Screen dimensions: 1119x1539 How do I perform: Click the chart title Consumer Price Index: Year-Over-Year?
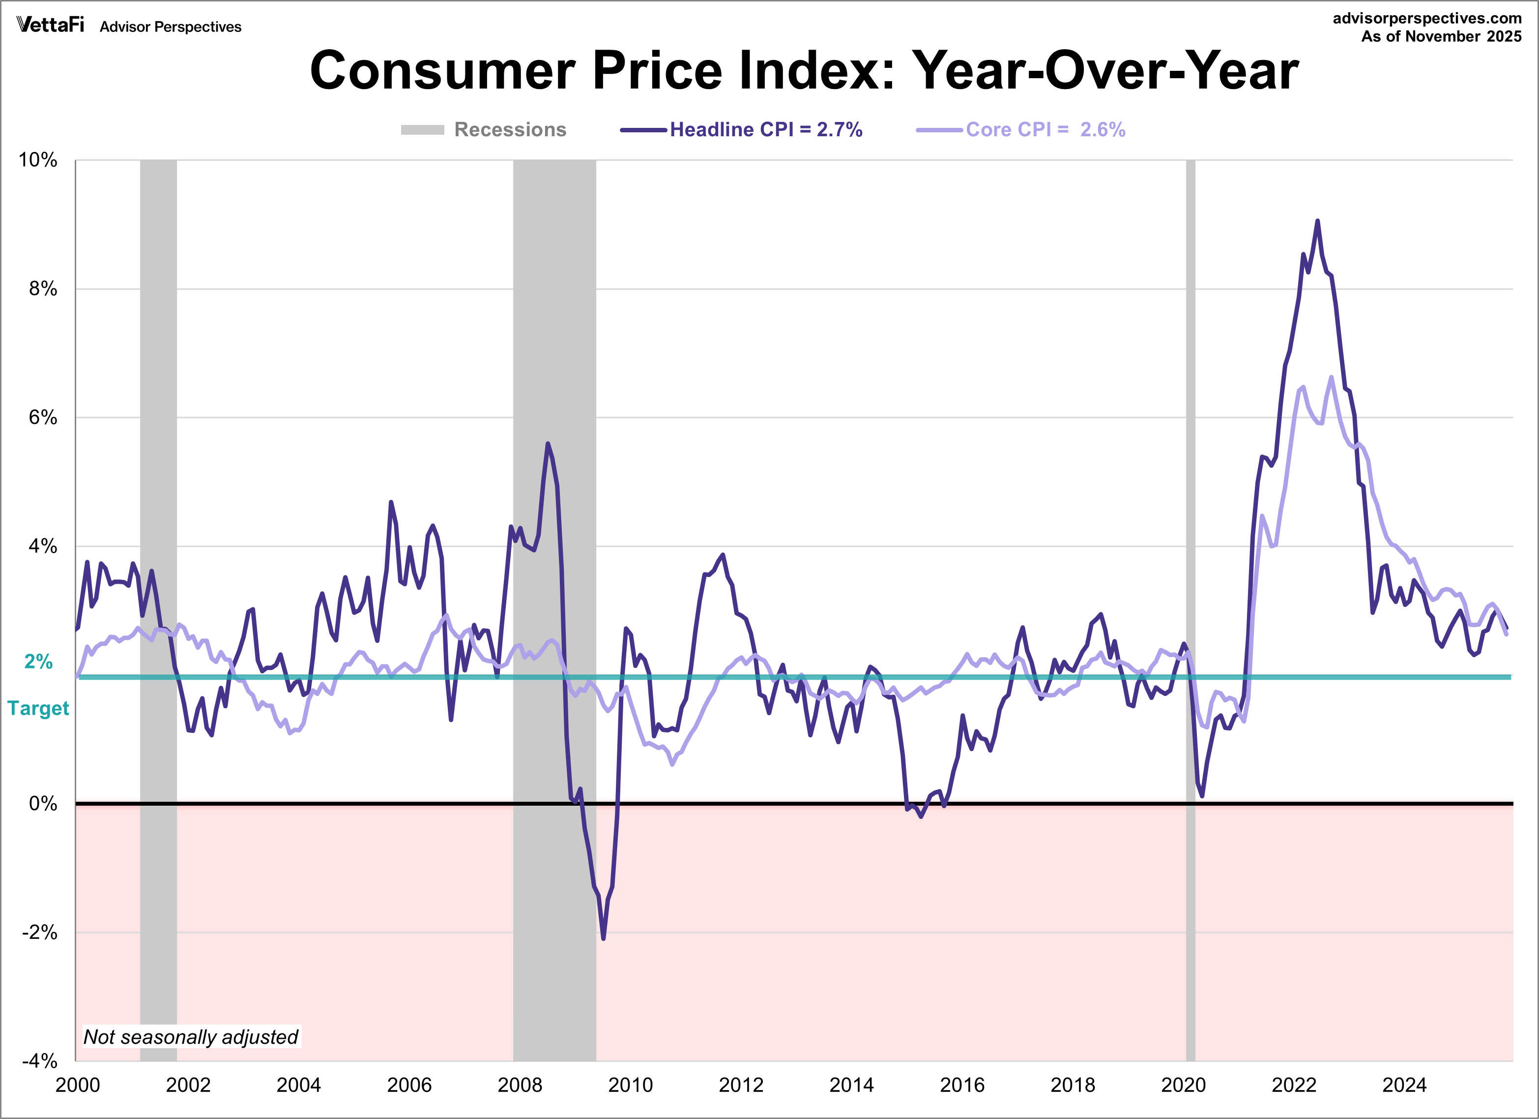804,71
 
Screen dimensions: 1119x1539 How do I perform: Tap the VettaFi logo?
50,25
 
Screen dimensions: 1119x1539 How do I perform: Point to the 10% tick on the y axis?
38,160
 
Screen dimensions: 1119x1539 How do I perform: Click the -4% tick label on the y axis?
39,1060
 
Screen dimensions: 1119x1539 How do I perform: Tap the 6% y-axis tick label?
42,418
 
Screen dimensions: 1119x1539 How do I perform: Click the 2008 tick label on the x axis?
520,1085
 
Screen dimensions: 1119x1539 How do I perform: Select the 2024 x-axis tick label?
1404,1085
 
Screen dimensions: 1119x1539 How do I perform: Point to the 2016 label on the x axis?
961,1085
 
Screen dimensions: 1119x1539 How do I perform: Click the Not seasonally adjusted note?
191,1037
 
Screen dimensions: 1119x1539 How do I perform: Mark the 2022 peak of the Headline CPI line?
1317,221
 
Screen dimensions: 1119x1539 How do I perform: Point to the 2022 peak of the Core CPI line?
1331,378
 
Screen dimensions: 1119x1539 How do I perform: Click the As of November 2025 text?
1441,37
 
